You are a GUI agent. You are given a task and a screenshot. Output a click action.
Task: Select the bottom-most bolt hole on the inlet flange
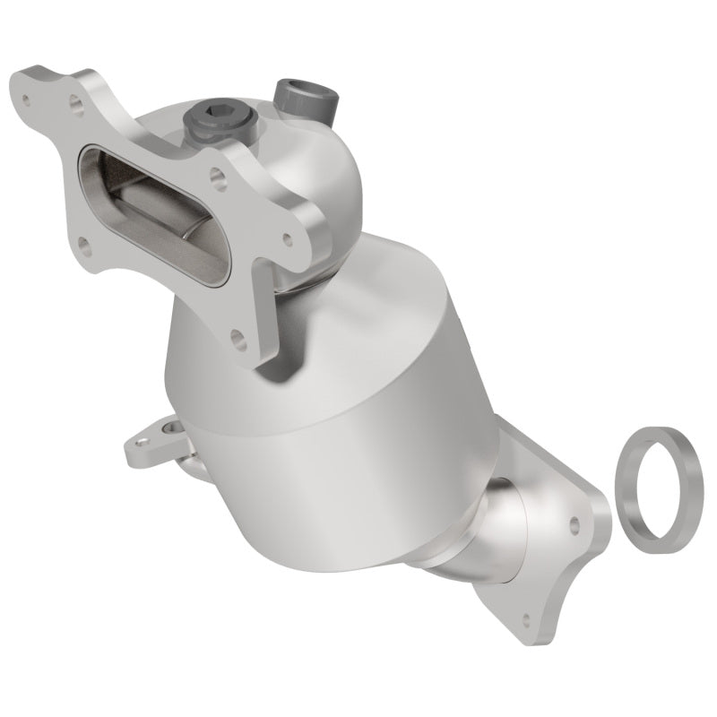point(238,338)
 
